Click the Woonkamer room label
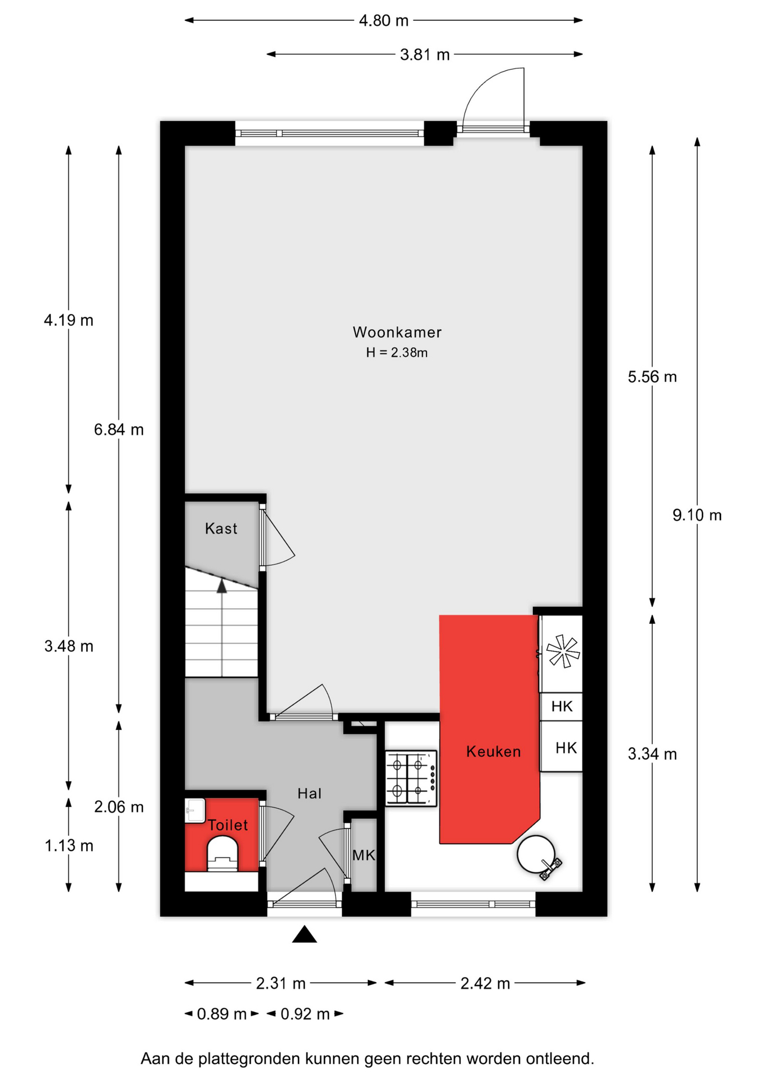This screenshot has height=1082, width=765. coord(397,332)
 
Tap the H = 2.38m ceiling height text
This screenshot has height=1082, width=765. coord(397,353)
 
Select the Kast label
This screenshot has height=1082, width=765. coord(221,529)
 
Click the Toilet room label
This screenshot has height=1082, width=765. coord(228,825)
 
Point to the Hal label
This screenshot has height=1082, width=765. coord(309,793)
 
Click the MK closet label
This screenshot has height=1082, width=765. coord(363,855)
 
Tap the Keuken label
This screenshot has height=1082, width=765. coord(493,751)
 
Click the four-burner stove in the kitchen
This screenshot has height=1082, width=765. coord(411,779)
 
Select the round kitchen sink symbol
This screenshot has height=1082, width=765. coord(536,854)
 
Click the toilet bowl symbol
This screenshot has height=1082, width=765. coord(223,854)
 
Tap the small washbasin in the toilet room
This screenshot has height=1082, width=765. coord(195,810)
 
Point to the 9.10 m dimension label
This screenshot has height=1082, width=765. coord(697,515)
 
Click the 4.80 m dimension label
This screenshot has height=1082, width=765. coord(384,21)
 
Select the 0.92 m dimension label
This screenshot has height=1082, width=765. coord(305,1014)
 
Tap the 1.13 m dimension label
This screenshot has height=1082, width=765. coord(69,845)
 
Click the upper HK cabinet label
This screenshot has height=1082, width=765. coord(562,707)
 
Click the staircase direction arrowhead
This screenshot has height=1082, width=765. coord(222,586)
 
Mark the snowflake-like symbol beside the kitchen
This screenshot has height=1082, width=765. coord(563,651)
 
